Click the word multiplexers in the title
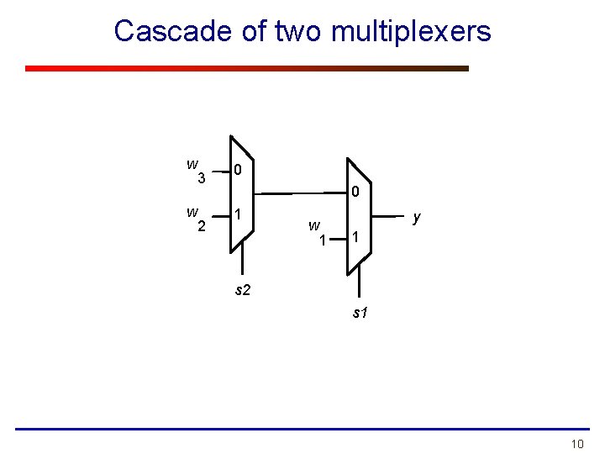pos(411,32)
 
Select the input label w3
pos(196,171)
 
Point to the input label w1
pos(316,232)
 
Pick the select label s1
pos(359,313)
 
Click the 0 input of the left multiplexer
pos(239,171)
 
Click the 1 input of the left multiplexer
pos(239,214)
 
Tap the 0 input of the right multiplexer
pos(355,193)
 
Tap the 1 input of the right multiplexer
pos(355,238)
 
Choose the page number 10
pos(576,443)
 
